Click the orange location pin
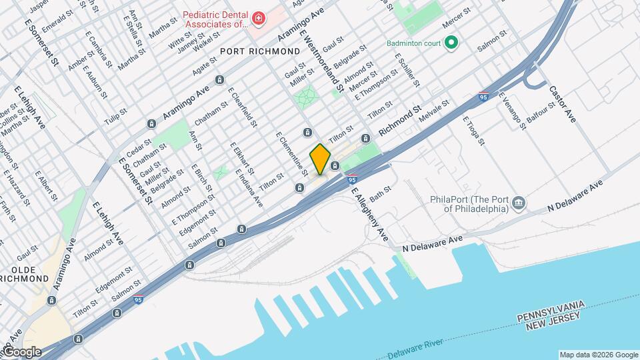click(x=320, y=159)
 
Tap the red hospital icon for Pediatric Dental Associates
click(x=258, y=19)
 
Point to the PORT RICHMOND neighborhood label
click(x=260, y=51)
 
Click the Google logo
click(x=22, y=351)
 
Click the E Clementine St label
click(x=291, y=155)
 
